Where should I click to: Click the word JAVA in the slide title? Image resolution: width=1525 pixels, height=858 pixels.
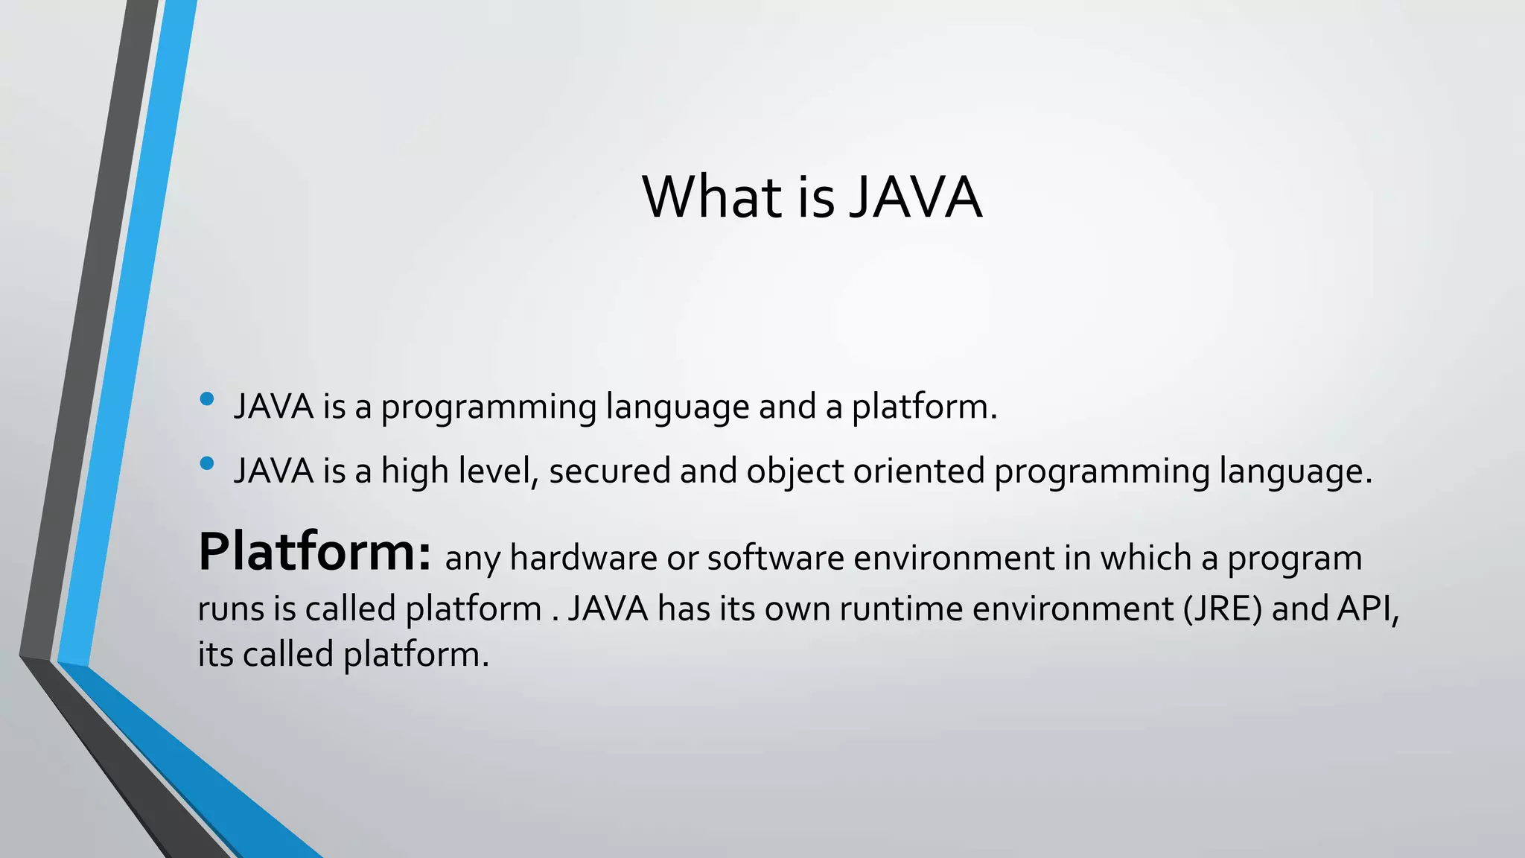(915, 197)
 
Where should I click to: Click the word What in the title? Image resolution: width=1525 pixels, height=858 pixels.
(711, 197)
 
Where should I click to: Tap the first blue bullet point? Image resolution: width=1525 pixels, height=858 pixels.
(207, 399)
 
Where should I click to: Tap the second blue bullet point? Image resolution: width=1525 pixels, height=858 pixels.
(207, 464)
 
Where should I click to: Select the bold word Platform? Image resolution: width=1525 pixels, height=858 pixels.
(314, 553)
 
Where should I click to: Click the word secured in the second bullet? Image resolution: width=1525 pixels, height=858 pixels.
(609, 471)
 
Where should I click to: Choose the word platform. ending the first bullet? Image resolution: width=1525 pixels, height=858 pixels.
(924, 408)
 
